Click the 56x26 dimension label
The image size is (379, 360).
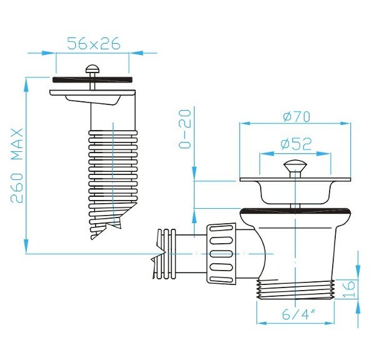94,43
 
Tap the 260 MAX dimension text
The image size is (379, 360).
17,166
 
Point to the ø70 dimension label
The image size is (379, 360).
296,116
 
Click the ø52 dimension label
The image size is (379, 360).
296,144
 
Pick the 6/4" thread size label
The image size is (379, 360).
298,315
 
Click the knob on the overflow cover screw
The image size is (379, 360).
93,68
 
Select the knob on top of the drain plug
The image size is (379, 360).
293,167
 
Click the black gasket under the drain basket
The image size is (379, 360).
293,211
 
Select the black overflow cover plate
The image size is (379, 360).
93,79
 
